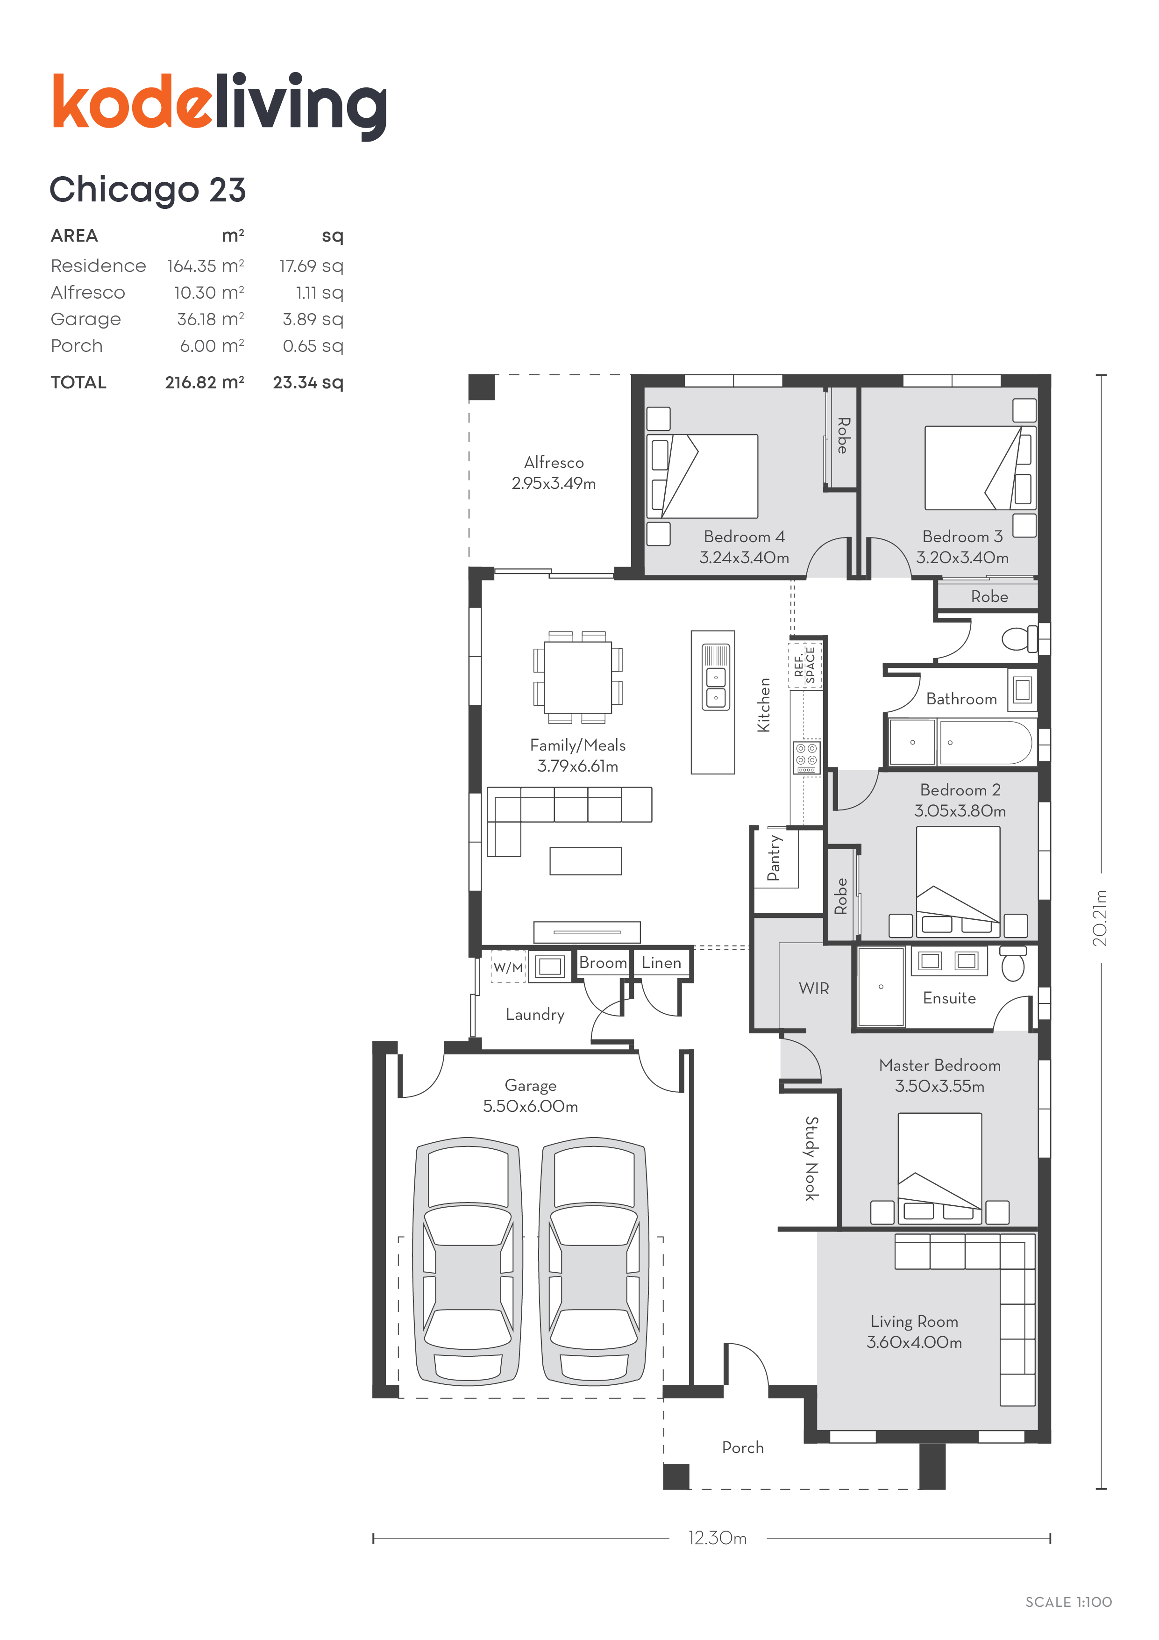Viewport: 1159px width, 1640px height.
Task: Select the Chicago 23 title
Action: [148, 190]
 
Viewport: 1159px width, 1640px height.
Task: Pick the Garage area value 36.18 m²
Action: [211, 319]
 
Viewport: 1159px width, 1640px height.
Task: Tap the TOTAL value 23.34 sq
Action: [308, 382]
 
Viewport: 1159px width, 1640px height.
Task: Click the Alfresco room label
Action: [554, 462]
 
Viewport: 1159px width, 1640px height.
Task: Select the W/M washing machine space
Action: [508, 967]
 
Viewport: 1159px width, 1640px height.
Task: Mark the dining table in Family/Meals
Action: [578, 677]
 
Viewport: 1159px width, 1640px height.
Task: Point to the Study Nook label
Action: [812, 1158]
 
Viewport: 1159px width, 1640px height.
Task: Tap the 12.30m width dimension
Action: [718, 1538]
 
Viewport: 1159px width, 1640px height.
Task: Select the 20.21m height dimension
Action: [1101, 918]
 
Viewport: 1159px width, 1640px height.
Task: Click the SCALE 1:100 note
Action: [1068, 1602]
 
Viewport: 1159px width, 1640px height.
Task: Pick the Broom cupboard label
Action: [603, 962]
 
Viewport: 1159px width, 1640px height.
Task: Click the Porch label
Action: [743, 1447]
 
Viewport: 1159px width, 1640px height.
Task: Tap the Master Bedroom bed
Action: [940, 1168]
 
